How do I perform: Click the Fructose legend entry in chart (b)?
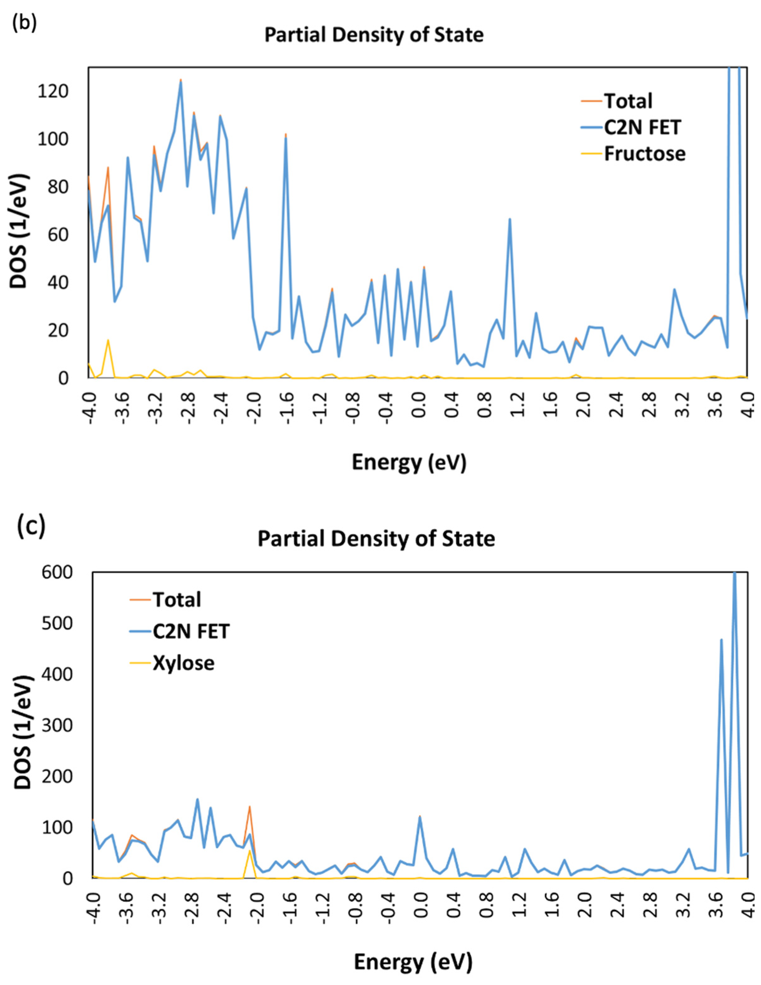coord(644,154)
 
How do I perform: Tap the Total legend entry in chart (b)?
coord(628,101)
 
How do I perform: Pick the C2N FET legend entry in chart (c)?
coord(191,631)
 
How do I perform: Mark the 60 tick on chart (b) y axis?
coord(57,235)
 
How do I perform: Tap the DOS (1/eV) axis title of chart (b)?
coord(19,231)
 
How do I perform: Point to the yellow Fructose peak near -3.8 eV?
coord(108,340)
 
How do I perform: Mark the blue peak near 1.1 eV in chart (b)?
coord(510,220)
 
